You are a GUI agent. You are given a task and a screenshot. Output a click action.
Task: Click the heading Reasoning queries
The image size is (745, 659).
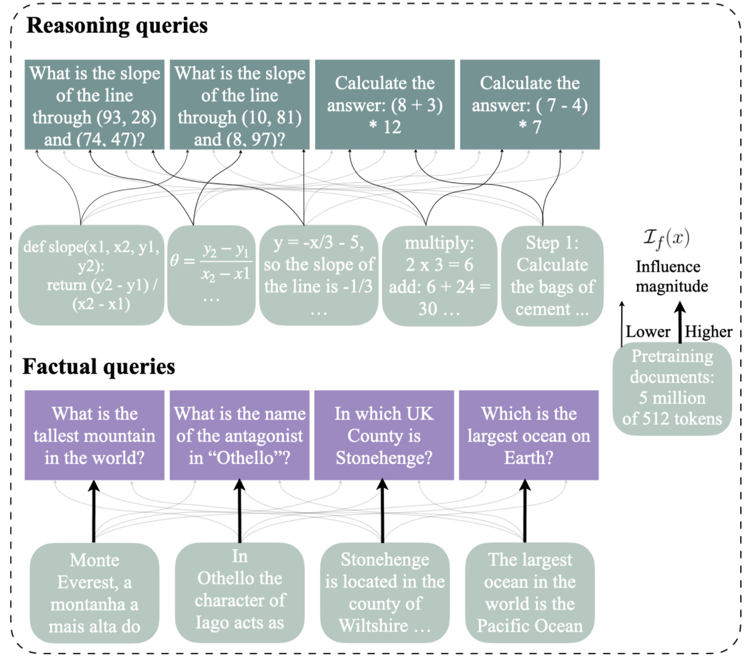point(117,26)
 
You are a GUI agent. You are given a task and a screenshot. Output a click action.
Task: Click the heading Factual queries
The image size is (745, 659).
point(99,367)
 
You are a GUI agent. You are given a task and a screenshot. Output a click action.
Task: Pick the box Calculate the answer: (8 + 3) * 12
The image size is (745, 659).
point(385,105)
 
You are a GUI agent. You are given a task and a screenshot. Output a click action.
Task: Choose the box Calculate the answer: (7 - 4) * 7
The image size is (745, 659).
point(530,105)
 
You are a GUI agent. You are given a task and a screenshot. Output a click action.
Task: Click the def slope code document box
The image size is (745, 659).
point(91,275)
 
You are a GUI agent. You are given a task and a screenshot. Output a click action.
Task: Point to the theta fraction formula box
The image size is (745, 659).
point(211,275)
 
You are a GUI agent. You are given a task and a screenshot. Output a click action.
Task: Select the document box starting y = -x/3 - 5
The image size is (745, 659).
point(319,275)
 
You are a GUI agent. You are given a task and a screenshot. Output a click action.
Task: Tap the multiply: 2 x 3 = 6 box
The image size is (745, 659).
point(439,276)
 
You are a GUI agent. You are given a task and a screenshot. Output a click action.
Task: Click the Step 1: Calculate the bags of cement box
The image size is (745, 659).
point(552,276)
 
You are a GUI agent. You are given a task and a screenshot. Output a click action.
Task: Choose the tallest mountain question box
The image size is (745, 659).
point(94,435)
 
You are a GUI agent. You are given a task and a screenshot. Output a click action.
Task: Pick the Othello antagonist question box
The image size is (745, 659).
point(239,435)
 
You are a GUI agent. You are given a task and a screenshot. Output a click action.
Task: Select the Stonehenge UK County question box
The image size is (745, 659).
point(384,435)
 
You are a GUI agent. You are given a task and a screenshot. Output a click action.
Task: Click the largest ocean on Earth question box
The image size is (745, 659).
point(529,435)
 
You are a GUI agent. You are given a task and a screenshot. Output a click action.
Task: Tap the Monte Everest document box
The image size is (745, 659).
point(94,593)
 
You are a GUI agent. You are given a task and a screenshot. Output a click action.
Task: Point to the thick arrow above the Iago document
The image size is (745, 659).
point(240,511)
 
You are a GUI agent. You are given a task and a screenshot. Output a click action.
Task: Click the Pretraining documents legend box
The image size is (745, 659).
point(672,388)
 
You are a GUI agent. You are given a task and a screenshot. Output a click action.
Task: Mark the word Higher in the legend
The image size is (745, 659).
point(708,332)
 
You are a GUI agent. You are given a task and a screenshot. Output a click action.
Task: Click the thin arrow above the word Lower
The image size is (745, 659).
point(622,323)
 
